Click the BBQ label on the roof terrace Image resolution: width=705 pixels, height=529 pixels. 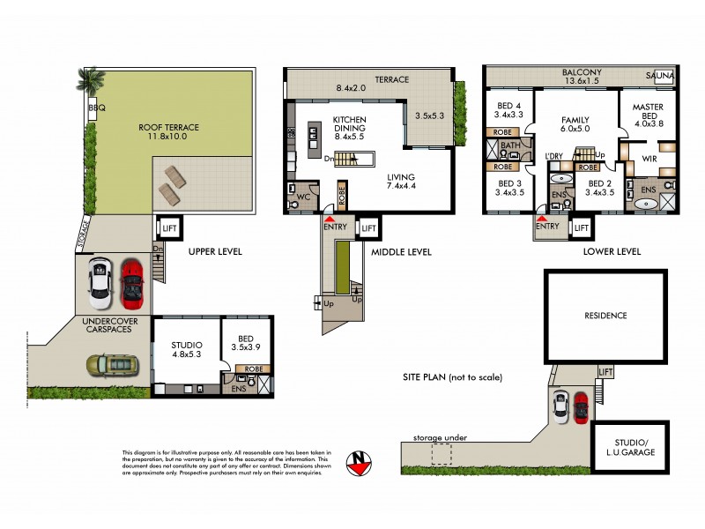(94, 108)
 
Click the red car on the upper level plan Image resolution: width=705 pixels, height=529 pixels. (131, 279)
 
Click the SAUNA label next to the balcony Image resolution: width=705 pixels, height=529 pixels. (663, 76)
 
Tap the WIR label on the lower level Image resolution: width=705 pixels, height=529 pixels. (650, 160)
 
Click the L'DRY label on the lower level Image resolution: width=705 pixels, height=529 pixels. (554, 157)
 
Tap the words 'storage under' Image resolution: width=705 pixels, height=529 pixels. (439, 437)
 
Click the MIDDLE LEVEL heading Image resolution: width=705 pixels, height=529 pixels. (401, 252)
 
